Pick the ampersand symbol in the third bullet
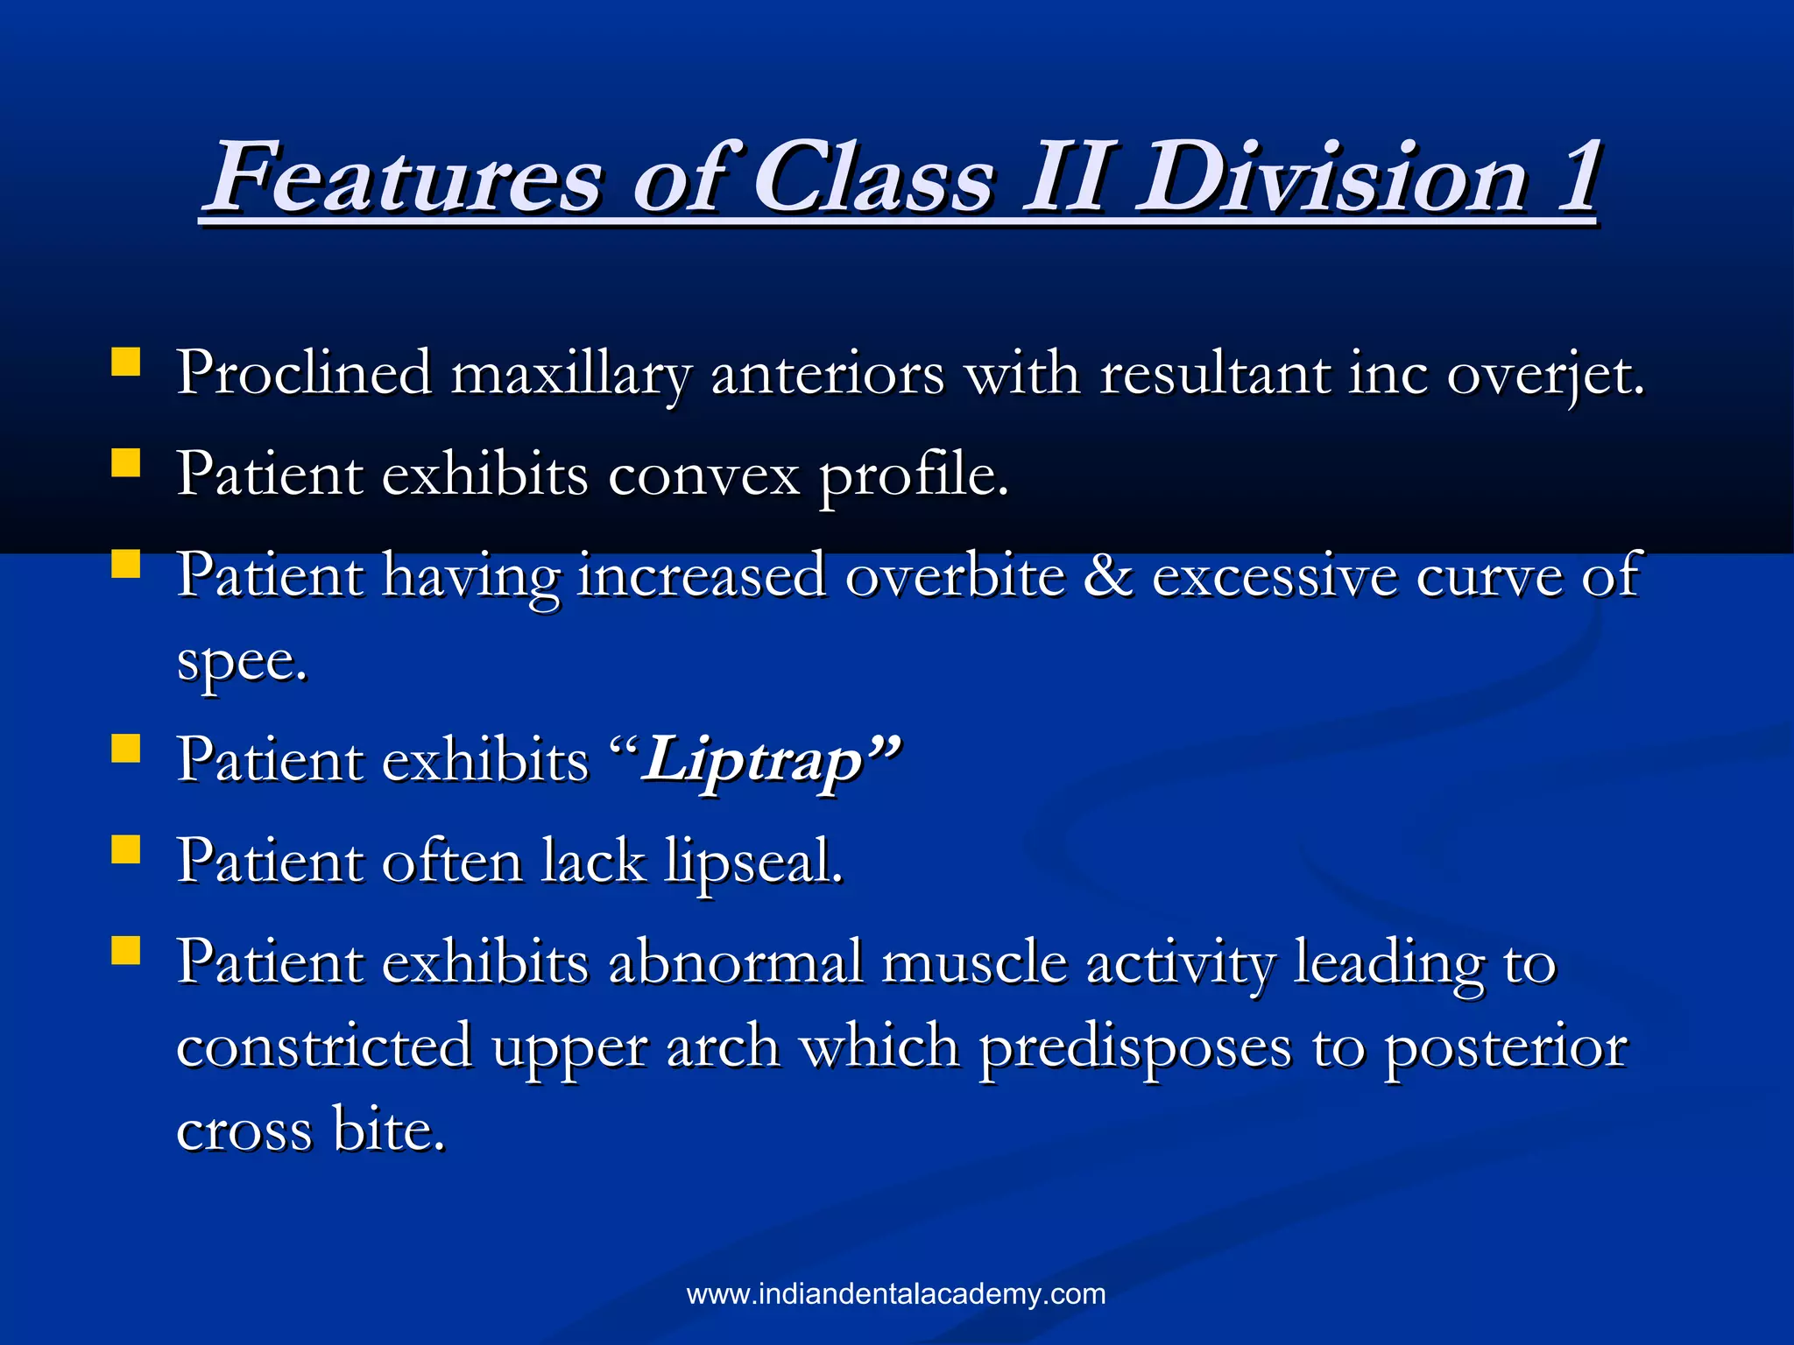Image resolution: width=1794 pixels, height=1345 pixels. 1107,576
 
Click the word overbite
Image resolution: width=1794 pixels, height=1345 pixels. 956,576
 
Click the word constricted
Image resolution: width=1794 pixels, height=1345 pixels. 324,1046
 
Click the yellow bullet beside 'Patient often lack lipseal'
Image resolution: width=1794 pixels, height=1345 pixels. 126,849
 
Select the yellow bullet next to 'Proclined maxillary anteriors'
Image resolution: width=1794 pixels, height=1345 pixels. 126,362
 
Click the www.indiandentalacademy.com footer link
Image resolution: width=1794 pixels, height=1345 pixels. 896,1294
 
